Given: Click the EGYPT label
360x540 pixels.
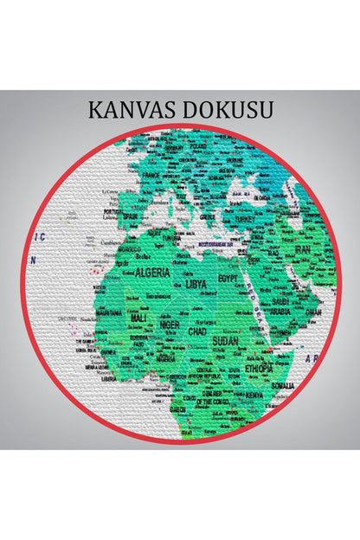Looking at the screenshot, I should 228,279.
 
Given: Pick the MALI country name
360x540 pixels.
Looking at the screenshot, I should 138,318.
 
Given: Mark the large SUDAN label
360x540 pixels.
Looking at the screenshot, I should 226,341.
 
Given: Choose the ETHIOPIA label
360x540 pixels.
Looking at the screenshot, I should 257,368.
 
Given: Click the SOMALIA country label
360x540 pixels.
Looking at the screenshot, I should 282,385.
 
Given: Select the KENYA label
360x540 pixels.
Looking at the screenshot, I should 254,395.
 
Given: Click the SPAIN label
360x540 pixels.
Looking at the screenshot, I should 131,216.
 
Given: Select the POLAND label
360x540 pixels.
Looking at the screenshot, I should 201,146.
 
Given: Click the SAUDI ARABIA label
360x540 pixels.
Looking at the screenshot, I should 281,306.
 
